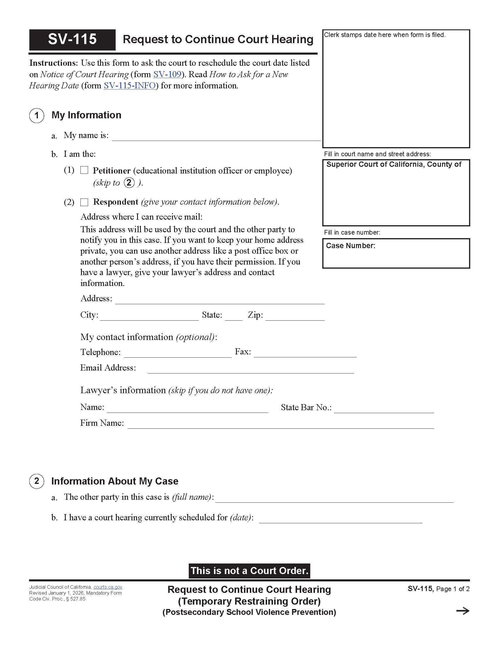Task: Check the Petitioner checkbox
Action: (x=84, y=170)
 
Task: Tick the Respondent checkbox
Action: (x=84, y=202)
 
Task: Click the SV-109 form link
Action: (x=167, y=74)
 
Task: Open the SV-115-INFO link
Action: (x=129, y=86)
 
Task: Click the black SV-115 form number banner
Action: (x=72, y=40)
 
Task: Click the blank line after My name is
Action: (x=216, y=137)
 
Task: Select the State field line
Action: (x=234, y=317)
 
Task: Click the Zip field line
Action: (x=294, y=317)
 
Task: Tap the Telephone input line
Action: (x=178, y=354)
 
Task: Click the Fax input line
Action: (x=305, y=354)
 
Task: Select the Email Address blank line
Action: (x=250, y=369)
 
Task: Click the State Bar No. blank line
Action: (x=384, y=409)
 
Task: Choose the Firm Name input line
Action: (x=281, y=425)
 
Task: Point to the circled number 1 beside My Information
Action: (x=37, y=115)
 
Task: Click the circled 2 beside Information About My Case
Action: (x=37, y=481)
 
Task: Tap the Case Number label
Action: (x=350, y=246)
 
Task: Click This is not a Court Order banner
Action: (x=249, y=571)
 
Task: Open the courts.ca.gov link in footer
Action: (x=108, y=587)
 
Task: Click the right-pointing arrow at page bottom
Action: (x=462, y=611)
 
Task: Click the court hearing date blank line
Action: (x=340, y=519)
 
